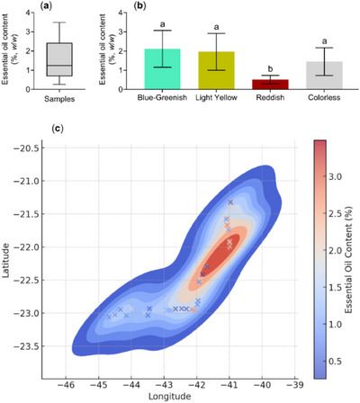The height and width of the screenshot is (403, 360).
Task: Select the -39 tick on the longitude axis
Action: coord(295,383)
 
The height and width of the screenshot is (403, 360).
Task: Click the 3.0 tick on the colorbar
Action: coord(334,177)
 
